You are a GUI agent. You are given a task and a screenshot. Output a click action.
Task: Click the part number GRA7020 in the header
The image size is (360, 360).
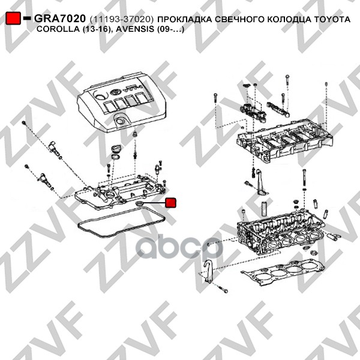pyautogui.click(x=60, y=19)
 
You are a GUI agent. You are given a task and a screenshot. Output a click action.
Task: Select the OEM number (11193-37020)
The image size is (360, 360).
pyautogui.click(x=122, y=19)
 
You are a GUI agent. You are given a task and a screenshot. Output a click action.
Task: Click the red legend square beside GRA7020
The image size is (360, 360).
pyautogui.click(x=13, y=18)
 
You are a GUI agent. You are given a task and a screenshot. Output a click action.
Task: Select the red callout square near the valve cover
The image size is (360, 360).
pyautogui.click(x=170, y=203)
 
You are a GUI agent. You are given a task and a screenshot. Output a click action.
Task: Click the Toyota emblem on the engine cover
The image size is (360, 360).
pyautogui.click(x=115, y=92)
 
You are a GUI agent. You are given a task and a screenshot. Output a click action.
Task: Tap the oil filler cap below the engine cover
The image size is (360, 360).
pyautogui.click(x=115, y=149)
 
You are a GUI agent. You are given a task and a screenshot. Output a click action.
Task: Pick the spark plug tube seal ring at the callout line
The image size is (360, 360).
pyautogui.click(x=139, y=203)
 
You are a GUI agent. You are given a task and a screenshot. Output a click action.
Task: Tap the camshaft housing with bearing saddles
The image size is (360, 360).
pyautogui.click(x=284, y=140)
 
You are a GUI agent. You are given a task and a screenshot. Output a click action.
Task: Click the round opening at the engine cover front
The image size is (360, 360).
pyautogui.click(x=119, y=121)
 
